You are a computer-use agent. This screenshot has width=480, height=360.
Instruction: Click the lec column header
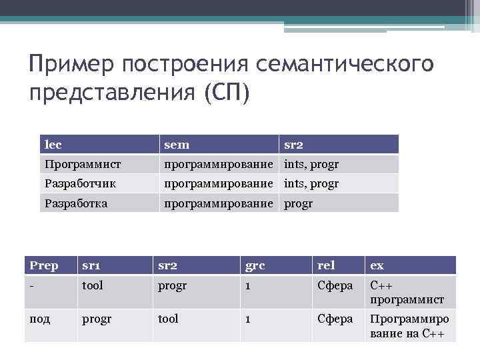point(53,144)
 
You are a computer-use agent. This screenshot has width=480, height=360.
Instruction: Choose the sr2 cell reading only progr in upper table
point(298,203)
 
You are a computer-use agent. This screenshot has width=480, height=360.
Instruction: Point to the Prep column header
point(43,266)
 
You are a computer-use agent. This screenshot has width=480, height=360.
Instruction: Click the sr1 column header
point(91,266)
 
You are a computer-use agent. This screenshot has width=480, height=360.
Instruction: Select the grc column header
point(255,266)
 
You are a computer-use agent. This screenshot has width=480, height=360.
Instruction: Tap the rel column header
point(326,266)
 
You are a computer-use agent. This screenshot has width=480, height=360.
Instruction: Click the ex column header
point(377,266)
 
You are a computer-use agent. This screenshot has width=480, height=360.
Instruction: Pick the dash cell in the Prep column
point(31,285)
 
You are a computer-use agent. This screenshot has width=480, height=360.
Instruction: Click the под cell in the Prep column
point(39,319)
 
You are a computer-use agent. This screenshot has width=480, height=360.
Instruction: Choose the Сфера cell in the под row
point(335,319)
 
